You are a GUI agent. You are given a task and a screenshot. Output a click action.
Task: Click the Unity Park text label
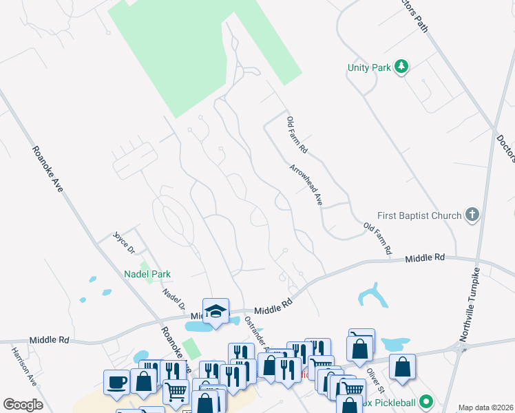click(369, 67)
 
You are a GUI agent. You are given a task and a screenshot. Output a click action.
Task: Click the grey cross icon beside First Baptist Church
click(472, 215)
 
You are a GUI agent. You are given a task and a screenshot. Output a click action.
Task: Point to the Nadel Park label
click(147, 274)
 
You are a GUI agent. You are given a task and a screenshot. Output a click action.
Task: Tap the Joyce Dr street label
click(124, 241)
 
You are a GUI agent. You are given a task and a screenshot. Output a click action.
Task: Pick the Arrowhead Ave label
click(306, 184)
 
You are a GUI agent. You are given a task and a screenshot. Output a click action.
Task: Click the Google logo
click(23, 405)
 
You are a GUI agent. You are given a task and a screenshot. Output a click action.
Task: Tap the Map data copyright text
click(486, 407)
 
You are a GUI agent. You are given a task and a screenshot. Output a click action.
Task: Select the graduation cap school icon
click(216, 310)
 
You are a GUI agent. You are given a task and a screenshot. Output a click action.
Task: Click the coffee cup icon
click(116, 382)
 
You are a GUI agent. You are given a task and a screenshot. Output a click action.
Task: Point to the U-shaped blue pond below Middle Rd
click(372, 296)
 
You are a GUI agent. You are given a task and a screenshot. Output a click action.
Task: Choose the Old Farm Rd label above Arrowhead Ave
click(297, 135)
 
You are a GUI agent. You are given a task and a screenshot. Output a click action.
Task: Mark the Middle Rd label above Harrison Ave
click(49, 340)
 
